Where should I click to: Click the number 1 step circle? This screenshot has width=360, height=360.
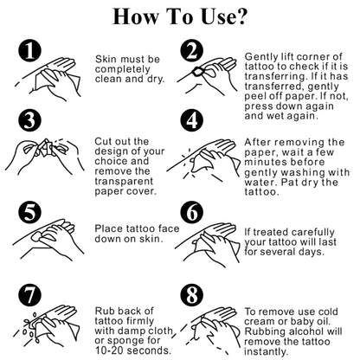click(29, 50)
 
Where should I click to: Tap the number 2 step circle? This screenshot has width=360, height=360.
click(192, 50)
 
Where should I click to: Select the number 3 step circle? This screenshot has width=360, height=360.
click(29, 119)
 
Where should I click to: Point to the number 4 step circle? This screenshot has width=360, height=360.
click(192, 119)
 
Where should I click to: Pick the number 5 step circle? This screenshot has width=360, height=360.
click(29, 213)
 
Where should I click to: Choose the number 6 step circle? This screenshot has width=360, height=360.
click(192, 213)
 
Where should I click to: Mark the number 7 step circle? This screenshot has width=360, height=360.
click(29, 295)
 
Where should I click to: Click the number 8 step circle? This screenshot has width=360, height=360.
click(192, 295)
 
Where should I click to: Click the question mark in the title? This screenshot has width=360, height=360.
click(239, 16)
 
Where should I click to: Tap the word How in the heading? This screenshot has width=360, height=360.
click(135, 16)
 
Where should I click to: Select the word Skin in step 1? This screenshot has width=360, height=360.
click(106, 59)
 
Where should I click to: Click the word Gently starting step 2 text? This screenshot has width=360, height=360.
click(260, 57)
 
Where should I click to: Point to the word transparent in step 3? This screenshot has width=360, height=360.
click(124, 182)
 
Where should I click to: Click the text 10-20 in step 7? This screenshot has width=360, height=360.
click(110, 350)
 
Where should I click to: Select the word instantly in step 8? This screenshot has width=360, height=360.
click(266, 351)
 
